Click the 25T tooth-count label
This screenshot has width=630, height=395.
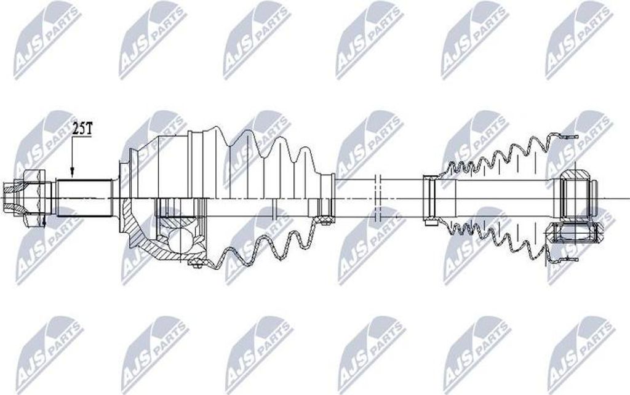tap(82, 129)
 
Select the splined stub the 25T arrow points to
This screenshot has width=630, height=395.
tap(84, 197)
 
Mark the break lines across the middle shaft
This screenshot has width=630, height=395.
tap(377, 197)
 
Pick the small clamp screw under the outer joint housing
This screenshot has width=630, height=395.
tap(196, 264)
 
